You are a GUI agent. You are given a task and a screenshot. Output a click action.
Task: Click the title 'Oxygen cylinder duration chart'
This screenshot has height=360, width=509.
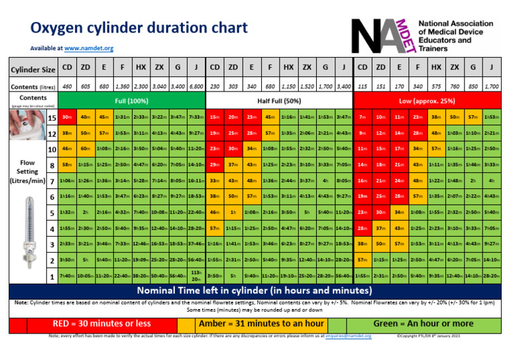[x=139, y=27]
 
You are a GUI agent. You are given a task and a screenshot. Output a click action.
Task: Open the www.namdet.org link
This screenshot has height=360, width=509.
[x=89, y=48]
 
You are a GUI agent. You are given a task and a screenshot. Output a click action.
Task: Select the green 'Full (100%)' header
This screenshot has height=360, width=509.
[x=132, y=101]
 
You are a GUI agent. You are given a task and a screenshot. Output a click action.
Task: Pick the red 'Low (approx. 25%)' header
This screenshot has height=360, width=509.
[x=427, y=101]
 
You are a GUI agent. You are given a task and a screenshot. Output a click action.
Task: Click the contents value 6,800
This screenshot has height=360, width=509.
[x=196, y=87]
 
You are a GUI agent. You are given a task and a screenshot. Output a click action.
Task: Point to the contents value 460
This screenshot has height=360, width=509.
[x=67, y=87]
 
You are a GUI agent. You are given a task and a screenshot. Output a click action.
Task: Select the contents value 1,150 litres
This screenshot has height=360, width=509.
[x=288, y=87]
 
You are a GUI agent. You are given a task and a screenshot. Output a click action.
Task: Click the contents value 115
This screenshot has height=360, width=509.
[x=362, y=87]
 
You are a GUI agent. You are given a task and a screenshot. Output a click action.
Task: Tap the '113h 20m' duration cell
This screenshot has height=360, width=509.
[x=196, y=275]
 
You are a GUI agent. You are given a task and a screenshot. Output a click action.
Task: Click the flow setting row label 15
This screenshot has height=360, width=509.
[x=52, y=118]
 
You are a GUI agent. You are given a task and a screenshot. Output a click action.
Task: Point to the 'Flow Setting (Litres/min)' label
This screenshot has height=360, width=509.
[x=27, y=172]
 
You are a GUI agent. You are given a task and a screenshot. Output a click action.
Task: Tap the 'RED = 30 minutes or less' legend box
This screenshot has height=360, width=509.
[x=103, y=324]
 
